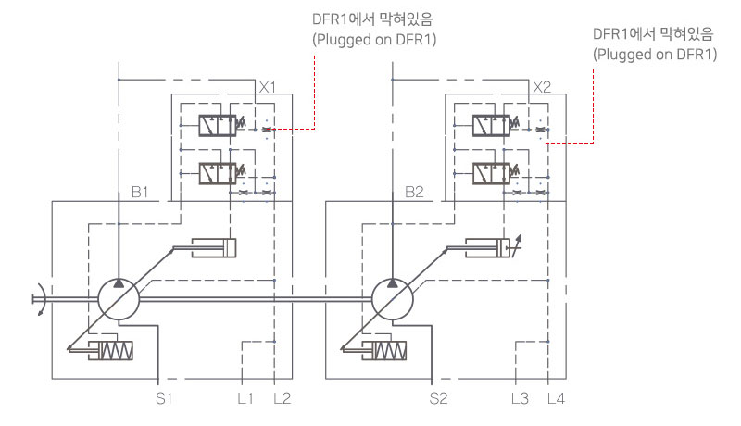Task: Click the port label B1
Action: (139, 194)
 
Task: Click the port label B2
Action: (414, 194)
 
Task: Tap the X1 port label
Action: (268, 88)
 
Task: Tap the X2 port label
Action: (543, 88)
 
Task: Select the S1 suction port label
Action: (165, 399)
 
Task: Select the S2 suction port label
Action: (439, 399)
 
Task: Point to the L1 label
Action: (245, 399)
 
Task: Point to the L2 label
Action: (283, 399)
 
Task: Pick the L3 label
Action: (520, 399)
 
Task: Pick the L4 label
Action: (556, 399)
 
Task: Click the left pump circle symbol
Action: (119, 298)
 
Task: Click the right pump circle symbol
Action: (393, 298)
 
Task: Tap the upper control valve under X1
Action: (219, 124)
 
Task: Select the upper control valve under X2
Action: (493, 124)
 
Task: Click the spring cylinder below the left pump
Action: (109, 352)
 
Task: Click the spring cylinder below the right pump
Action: (383, 352)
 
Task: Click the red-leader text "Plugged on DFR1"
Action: (655, 54)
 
